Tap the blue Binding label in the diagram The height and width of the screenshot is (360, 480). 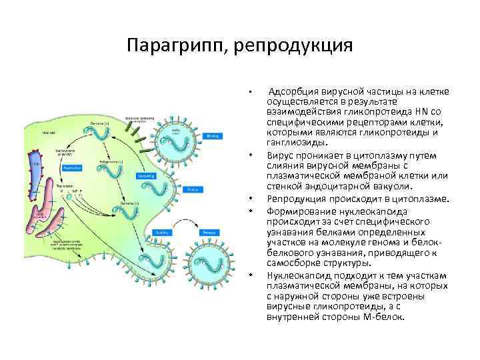(x=213, y=136)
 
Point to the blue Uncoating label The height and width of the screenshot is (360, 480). (x=144, y=176)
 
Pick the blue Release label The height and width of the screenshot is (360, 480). (x=209, y=233)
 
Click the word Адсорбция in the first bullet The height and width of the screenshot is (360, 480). (x=291, y=91)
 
